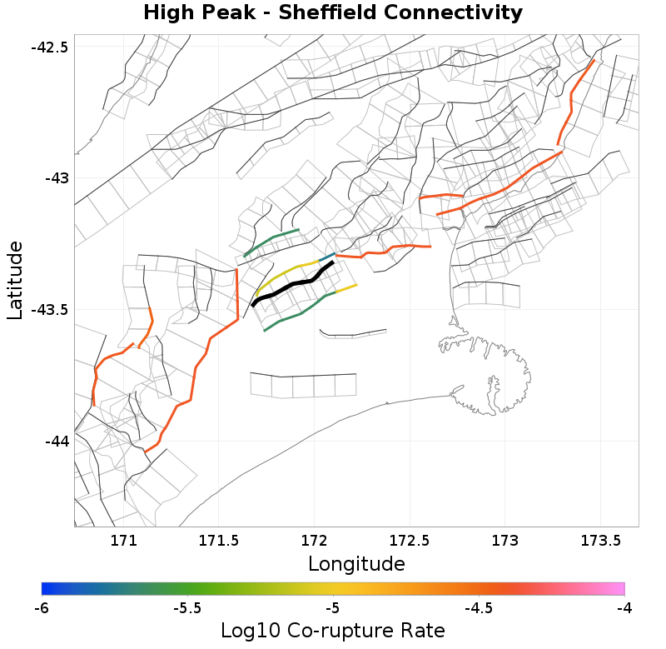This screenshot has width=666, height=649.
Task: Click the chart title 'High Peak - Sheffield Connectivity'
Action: tap(333, 13)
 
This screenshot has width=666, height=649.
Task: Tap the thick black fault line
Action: tap(293, 285)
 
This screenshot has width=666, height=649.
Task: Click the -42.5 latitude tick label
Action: tap(49, 47)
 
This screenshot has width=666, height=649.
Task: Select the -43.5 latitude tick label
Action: tap(49, 310)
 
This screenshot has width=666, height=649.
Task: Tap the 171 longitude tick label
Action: tap(123, 540)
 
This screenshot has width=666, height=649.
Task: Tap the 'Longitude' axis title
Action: tap(356, 564)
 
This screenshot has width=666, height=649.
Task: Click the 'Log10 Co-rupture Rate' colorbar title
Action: tap(333, 631)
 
